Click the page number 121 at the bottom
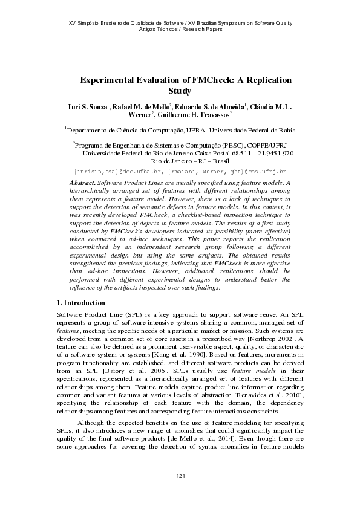[x=180, y=478]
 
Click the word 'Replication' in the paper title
[x=266, y=80]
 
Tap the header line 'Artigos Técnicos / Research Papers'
[x=180, y=29]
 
